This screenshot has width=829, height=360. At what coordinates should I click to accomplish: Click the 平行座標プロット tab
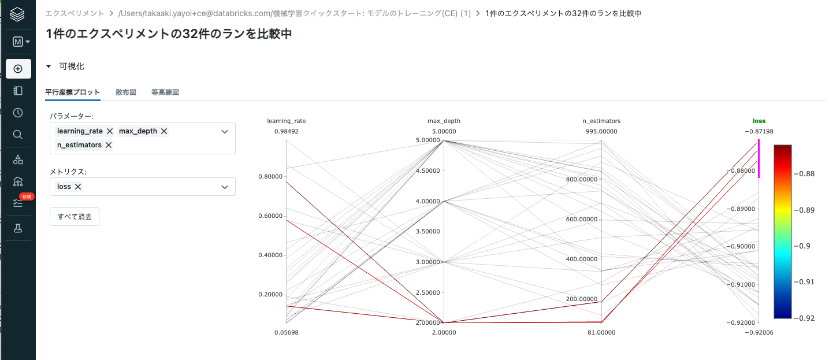(x=73, y=92)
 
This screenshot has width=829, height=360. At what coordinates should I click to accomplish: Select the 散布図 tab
(x=126, y=92)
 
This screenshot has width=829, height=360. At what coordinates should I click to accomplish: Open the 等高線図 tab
(x=165, y=92)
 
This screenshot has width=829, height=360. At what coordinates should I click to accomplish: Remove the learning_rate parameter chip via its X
(x=110, y=131)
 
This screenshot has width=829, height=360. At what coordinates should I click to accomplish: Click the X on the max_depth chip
(x=164, y=131)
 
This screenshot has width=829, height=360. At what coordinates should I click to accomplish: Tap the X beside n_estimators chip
(x=108, y=145)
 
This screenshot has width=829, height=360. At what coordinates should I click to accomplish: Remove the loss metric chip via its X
(x=78, y=187)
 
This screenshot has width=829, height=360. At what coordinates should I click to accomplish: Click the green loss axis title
(x=759, y=121)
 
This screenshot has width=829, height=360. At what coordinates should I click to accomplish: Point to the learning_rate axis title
(x=287, y=121)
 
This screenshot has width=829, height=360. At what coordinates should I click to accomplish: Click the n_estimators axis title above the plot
(x=601, y=121)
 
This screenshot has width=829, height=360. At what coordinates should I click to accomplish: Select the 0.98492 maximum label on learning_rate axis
(x=287, y=131)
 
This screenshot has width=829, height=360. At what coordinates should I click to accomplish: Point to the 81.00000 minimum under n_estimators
(x=601, y=332)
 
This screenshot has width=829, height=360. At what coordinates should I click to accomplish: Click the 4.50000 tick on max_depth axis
(x=428, y=171)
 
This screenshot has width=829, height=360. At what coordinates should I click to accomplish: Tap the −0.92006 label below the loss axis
(x=759, y=332)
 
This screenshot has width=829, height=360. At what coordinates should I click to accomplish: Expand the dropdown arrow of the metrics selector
(x=225, y=187)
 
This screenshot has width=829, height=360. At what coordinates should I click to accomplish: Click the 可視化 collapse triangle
(x=49, y=66)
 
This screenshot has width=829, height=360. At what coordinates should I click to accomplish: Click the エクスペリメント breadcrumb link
(x=75, y=13)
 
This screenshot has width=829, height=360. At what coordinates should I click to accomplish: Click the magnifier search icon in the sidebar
(x=18, y=135)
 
